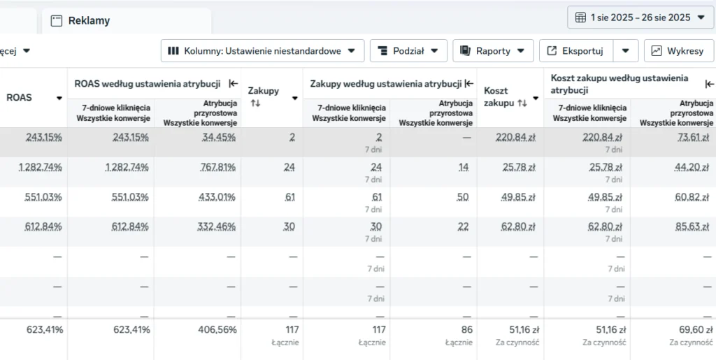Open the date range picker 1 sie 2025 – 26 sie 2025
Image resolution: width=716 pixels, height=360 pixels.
[640, 17]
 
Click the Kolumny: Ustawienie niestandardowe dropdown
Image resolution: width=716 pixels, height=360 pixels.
[263, 50]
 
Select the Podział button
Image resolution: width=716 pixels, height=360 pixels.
[408, 50]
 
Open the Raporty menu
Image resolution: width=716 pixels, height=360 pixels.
[493, 50]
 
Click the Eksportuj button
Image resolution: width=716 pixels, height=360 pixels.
[576, 50]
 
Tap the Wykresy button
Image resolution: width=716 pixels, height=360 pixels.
[678, 50]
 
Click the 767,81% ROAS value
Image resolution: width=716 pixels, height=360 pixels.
[217, 168]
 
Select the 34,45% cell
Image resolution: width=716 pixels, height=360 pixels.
[219, 137]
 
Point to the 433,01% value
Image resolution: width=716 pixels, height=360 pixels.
[217, 197]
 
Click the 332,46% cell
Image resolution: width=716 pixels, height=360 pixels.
[217, 226]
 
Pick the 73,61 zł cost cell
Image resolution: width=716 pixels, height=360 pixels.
[693, 137]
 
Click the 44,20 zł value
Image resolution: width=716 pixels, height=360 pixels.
[692, 168]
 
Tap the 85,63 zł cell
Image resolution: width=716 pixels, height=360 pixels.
[692, 226]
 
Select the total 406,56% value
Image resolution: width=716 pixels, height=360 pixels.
[217, 329]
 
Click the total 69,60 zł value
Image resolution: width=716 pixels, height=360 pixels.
[696, 329]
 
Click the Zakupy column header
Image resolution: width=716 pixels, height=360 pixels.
[264, 91]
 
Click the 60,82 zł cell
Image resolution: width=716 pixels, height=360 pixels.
[692, 197]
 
